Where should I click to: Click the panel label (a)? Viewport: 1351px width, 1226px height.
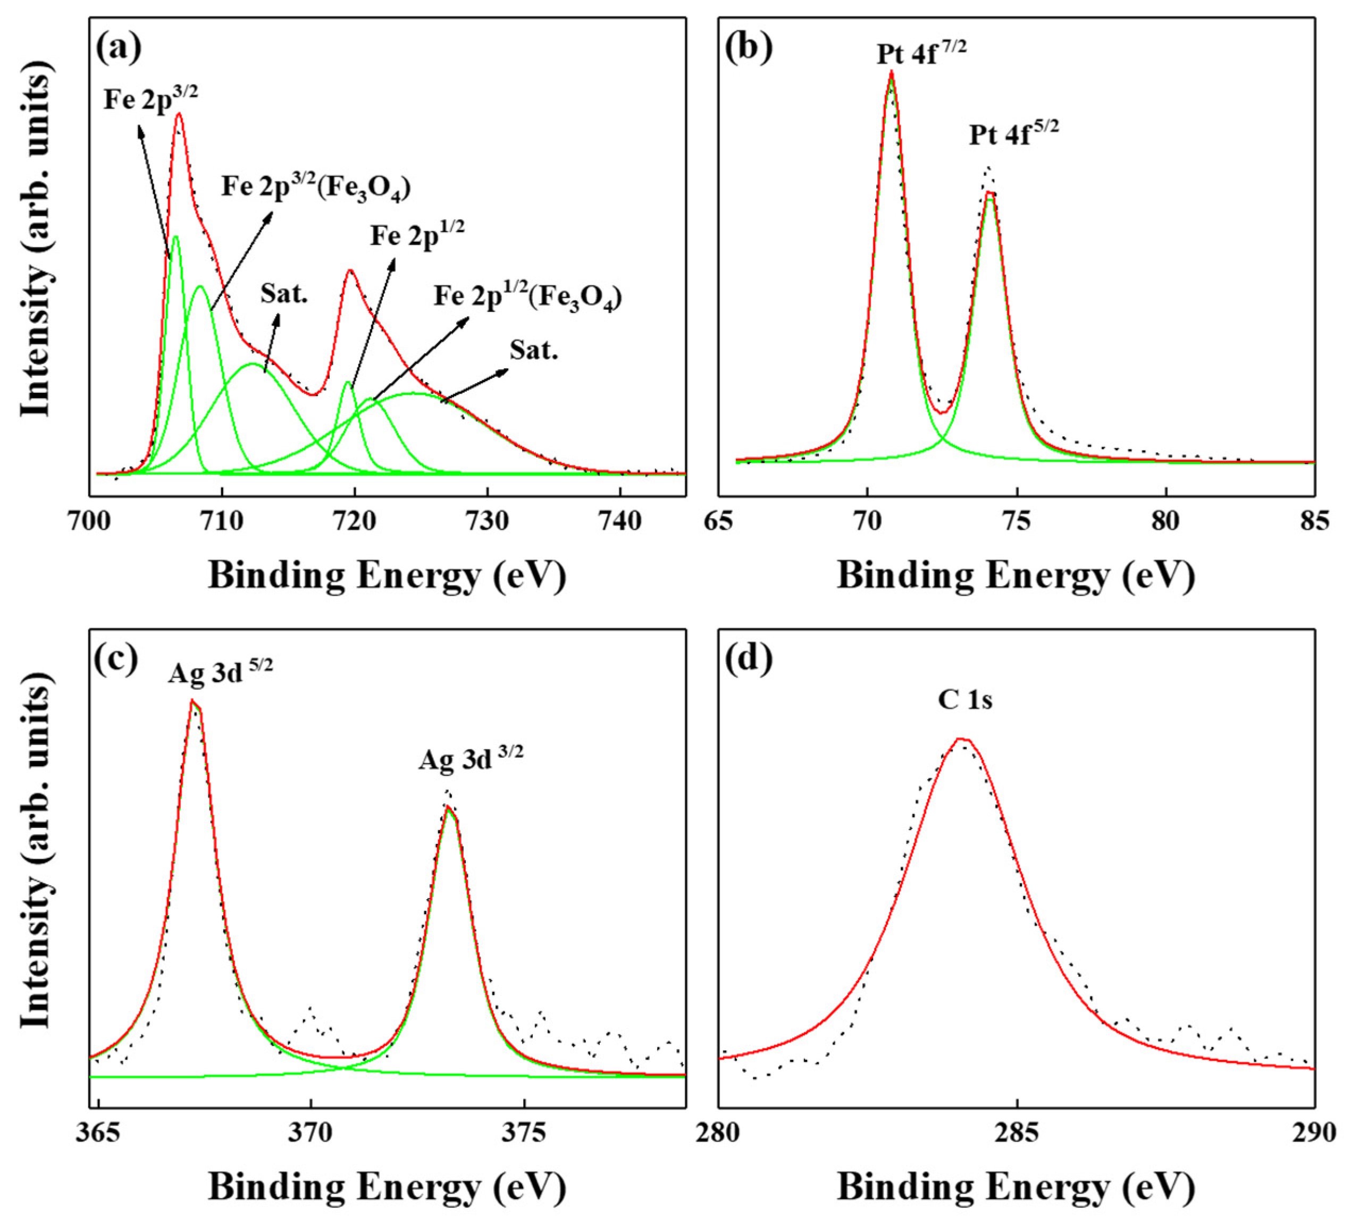click(119, 48)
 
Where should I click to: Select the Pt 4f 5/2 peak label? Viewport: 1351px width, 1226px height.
click(1013, 133)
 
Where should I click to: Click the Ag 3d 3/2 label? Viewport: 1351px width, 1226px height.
click(471, 758)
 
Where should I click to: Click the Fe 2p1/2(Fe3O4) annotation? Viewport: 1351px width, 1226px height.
click(527, 296)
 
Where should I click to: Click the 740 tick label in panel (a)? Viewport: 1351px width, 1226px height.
click(620, 521)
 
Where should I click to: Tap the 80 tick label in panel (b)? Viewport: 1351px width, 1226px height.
click(1165, 521)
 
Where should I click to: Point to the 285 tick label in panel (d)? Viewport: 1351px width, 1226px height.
click(1017, 1133)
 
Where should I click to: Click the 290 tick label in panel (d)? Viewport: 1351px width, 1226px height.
click(1313, 1133)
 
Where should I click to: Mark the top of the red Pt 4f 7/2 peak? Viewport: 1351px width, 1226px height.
click(891, 71)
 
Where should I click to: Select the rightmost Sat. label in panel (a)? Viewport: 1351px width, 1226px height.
click(533, 350)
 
